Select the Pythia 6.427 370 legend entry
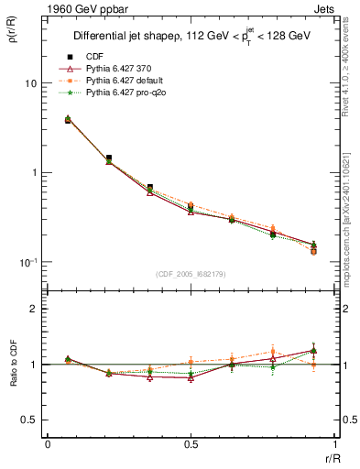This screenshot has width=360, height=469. (x=119, y=68)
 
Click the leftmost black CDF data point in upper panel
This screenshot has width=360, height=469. (x=68, y=120)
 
